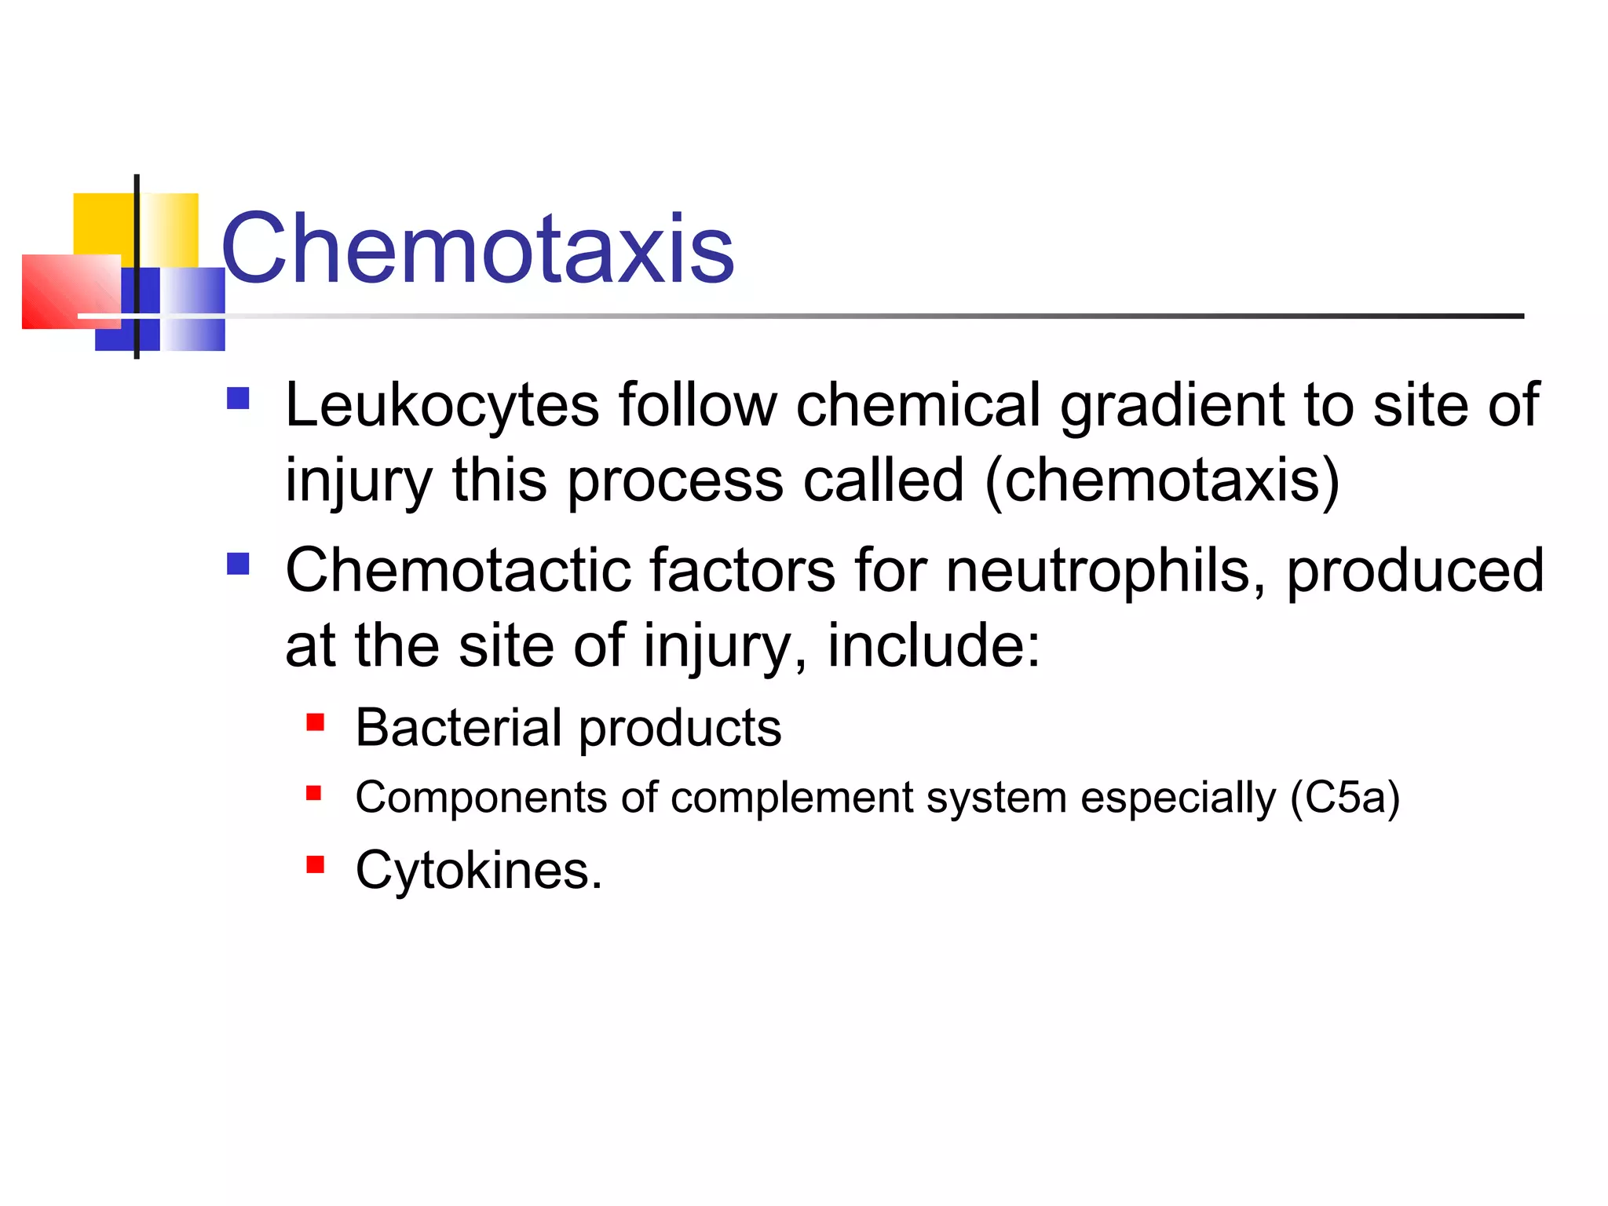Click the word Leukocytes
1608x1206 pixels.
(442, 405)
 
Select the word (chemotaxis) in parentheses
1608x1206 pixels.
(1162, 481)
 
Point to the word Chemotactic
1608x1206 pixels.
(458, 570)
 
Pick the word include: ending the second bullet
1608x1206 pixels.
(934, 645)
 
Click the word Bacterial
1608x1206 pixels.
(459, 727)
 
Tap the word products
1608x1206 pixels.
(680, 729)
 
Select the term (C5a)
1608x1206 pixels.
(1345, 798)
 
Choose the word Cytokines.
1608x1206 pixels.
(478, 870)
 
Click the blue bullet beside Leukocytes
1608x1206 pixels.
(238, 399)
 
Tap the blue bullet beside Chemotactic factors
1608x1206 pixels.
(238, 564)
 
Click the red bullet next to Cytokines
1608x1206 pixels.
(316, 864)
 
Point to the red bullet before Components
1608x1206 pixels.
(314, 793)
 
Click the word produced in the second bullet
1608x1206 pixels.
(1414, 570)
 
